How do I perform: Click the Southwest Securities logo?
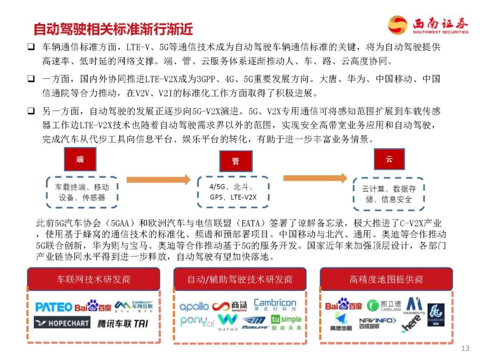point(428,25)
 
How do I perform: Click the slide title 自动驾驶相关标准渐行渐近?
point(113,29)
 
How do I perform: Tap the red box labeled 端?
point(80,159)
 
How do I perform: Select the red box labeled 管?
point(236,161)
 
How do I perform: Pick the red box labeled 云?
point(389,159)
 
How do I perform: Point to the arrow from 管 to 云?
point(315,178)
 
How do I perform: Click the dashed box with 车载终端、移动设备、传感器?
point(82,192)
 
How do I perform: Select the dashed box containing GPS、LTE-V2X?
point(233,192)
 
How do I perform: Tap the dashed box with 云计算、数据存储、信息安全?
point(388,194)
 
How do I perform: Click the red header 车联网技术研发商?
point(93,279)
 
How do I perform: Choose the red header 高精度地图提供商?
point(386,279)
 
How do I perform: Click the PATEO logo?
point(53,307)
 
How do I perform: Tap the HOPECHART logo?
point(62,323)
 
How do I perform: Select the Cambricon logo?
point(275,304)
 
